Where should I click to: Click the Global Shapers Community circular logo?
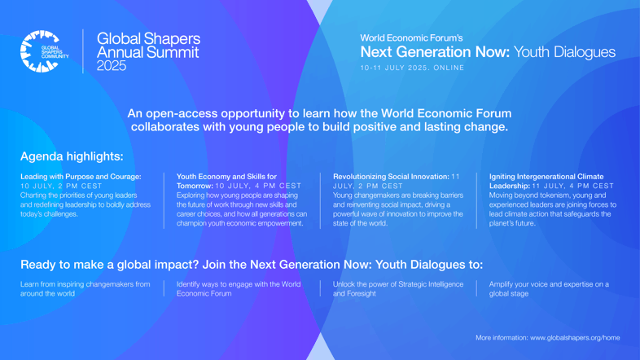tap(41, 51)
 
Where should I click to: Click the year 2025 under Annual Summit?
tap(112, 66)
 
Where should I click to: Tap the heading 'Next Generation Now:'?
tap(435, 52)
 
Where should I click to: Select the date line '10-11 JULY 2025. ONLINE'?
tap(412, 68)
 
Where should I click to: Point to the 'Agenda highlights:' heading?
tap(72, 156)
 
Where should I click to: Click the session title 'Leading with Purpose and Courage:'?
tap(81, 177)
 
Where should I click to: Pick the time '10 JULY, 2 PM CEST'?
tap(61, 187)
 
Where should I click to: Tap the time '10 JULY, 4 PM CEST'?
tap(258, 187)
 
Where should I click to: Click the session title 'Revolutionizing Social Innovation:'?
tap(391, 177)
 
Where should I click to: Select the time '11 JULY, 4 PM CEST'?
tap(573, 187)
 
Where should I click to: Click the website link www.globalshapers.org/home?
tap(575, 338)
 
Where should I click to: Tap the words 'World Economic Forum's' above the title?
tap(411, 38)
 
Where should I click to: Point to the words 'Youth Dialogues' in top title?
tap(564, 52)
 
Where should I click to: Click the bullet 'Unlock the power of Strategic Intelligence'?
tap(398, 284)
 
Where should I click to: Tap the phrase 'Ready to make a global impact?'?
tap(110, 265)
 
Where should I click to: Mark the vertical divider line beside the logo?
tap(83, 51)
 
